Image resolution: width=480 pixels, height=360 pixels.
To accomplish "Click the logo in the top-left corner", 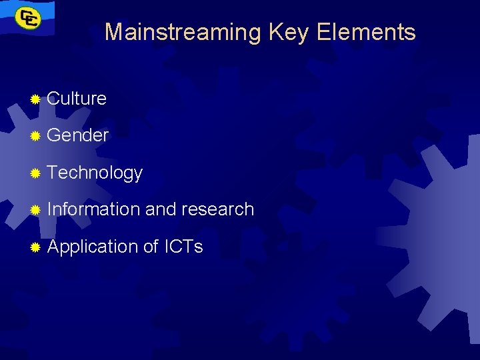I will [27, 18].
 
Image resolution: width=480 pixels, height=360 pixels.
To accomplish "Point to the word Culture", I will [77, 99].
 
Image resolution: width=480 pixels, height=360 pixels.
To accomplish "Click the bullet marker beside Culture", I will [35, 99].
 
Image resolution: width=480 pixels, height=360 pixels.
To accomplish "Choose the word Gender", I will [78, 135].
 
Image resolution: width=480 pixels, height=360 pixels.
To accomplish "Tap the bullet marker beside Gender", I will [35, 136].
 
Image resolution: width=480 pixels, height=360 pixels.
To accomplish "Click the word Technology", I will [95, 173].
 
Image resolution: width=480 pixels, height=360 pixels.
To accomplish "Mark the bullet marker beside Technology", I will [35, 173].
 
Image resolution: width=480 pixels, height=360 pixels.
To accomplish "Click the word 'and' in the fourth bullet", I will [160, 209].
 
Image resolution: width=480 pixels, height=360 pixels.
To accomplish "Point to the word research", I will [217, 209].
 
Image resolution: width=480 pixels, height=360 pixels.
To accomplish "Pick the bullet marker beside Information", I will [35, 211].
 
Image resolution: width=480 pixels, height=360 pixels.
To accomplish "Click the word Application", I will [93, 247].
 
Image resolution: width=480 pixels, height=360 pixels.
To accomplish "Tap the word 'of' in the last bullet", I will [151, 247].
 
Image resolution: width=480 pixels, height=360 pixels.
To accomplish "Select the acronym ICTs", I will [183, 247].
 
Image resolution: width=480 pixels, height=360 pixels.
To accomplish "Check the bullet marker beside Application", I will [35, 247].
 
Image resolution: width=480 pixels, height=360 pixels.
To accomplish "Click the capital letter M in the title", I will [114, 32].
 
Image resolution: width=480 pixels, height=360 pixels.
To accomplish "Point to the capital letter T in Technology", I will [53, 172].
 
